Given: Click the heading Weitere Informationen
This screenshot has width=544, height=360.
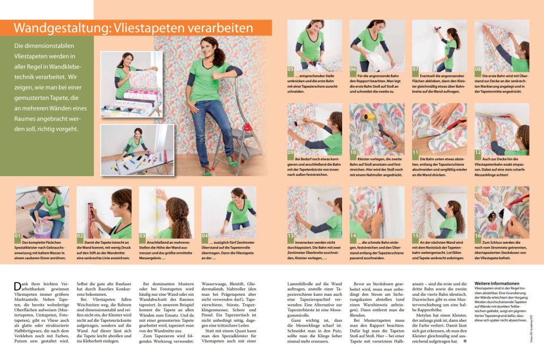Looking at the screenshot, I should point(497,284).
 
